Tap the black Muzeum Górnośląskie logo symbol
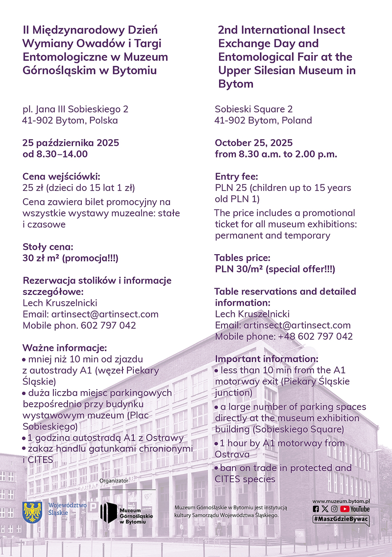click(x=108, y=513)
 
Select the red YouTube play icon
click(x=344, y=509)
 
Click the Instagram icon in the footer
click(x=334, y=509)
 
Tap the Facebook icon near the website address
click(x=316, y=509)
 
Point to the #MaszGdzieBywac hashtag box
click(x=341, y=519)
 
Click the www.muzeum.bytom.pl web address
click(x=341, y=502)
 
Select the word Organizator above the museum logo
click(x=114, y=480)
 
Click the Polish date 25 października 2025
click(x=71, y=143)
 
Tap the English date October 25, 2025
click(x=254, y=143)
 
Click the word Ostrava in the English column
click(x=232, y=455)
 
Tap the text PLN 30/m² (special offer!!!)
click(x=275, y=269)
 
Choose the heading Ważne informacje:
click(x=65, y=348)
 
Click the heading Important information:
click(x=267, y=359)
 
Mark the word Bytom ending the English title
click(x=236, y=84)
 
